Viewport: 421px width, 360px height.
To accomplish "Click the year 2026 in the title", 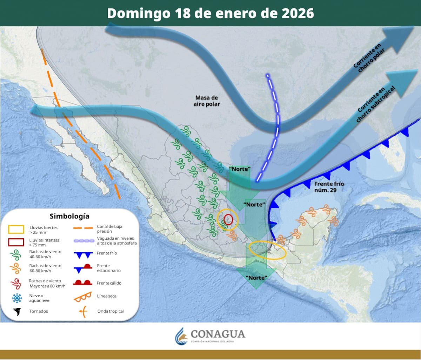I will click(298, 13).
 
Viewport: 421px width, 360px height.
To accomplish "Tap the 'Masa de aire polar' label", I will click(207, 101).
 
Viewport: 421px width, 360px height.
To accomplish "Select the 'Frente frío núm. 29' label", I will click(329, 187).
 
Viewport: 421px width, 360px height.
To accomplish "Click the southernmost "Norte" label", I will click(256, 278).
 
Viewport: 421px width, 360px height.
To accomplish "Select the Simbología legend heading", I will click(69, 216).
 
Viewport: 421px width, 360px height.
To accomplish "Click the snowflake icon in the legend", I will click(16, 298).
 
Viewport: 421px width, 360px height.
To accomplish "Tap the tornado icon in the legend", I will click(16, 311).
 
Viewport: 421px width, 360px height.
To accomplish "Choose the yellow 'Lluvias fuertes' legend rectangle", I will click(16, 230).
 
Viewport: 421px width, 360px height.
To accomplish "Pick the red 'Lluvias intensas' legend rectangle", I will click(16, 242).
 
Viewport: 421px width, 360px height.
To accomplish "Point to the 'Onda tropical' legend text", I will click(110, 311).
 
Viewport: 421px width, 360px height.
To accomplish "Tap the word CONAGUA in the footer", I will click(218, 334).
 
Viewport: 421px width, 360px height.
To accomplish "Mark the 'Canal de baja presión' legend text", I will click(109, 229).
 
